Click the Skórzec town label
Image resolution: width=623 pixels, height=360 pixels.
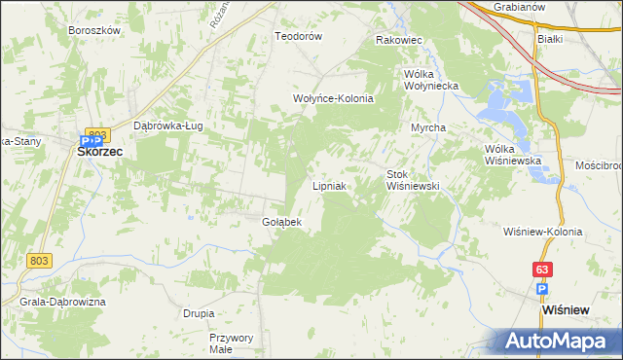99,152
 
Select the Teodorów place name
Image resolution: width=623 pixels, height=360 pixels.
298,36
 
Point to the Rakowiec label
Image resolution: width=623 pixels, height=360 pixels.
398,41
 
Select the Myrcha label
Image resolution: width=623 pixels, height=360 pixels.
428,128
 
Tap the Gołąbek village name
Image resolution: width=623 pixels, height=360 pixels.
282,222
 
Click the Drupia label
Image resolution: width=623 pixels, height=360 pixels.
199,313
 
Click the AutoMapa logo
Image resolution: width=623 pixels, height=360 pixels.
560,342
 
